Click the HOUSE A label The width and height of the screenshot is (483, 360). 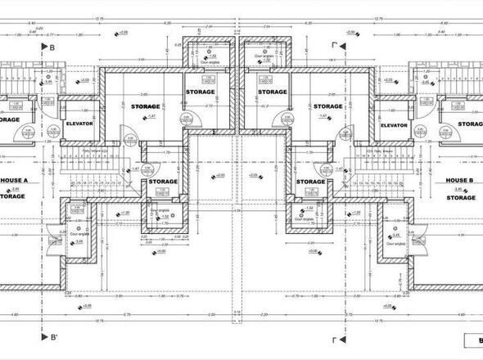pos(14,180)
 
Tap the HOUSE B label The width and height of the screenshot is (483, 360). pos(460,180)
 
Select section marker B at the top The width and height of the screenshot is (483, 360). pos(51,49)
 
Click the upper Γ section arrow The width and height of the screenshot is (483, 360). pos(334,47)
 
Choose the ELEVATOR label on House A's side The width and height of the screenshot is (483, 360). pos(80,125)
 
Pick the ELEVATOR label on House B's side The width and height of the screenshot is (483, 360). pos(394,125)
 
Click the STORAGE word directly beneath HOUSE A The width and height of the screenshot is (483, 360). pos(11,196)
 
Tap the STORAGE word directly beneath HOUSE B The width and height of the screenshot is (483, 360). pos(462,197)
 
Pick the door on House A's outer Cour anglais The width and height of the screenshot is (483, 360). pos(53,239)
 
